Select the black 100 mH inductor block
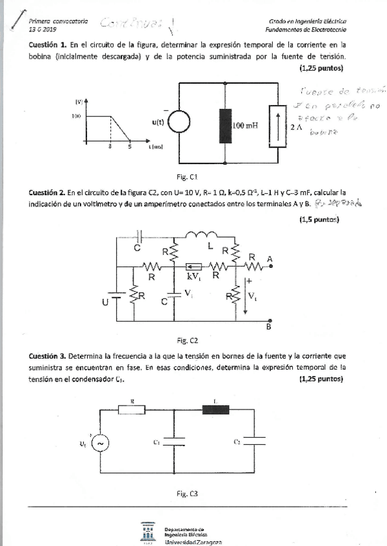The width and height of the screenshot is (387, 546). point(225,125)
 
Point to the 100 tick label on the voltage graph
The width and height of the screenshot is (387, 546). point(75,117)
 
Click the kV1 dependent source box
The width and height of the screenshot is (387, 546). point(193,267)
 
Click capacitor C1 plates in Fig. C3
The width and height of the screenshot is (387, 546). point(175,442)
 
